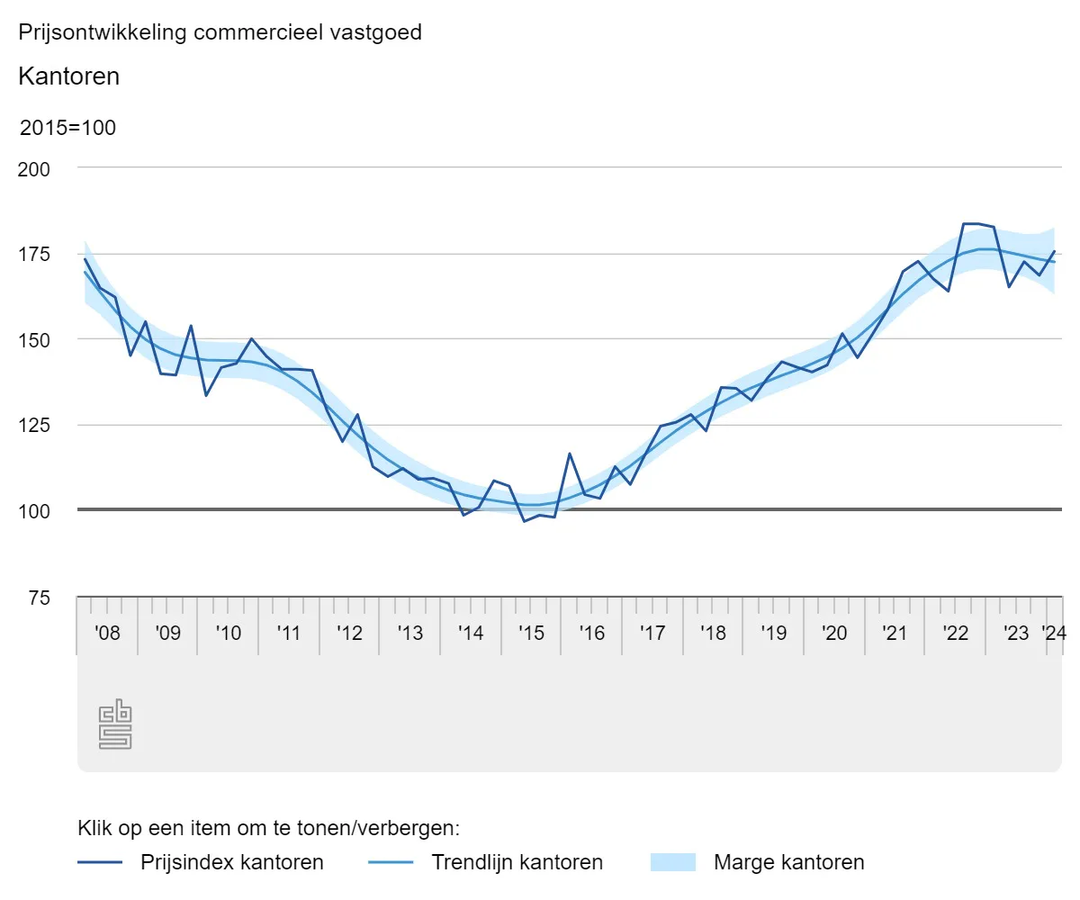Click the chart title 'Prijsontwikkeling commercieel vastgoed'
tap(220, 32)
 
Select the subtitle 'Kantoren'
tap(68, 76)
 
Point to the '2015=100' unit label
tap(68, 128)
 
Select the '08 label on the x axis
tap(107, 633)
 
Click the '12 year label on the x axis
tap(349, 633)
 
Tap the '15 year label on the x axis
tap(531, 633)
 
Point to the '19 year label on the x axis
tap(773, 633)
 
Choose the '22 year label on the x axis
tap(955, 633)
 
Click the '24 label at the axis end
tap(1053, 633)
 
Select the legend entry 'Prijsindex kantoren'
tap(231, 862)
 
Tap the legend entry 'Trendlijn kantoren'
tap(517, 862)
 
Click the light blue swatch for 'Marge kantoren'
tap(673, 862)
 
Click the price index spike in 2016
tap(570, 454)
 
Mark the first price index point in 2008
tap(85, 259)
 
